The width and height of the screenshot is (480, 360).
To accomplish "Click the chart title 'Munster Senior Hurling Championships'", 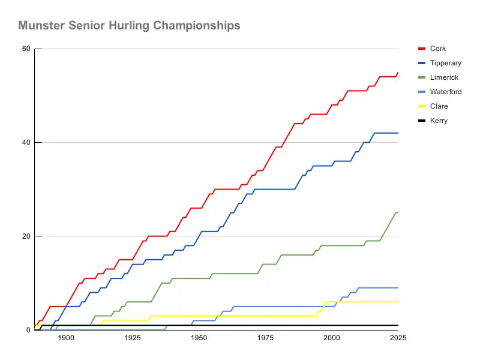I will [x=129, y=26].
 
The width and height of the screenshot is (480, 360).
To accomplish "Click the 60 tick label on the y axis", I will [x=26, y=49].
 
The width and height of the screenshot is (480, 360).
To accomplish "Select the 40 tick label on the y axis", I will [x=26, y=143].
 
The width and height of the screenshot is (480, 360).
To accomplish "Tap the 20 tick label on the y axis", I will [x=26, y=236].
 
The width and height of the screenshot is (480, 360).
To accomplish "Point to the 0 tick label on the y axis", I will [x=28, y=330].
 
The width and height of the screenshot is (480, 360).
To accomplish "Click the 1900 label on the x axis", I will [x=66, y=338].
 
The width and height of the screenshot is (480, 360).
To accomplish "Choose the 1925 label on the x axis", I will [x=133, y=338].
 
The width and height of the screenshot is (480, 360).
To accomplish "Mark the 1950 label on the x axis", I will [x=199, y=338].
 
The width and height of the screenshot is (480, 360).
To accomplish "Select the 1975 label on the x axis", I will [x=265, y=338].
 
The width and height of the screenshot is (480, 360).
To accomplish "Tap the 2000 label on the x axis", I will [x=332, y=338].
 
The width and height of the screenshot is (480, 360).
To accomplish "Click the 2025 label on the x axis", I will [x=397, y=338].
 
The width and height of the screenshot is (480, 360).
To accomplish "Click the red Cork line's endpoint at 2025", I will [x=398, y=73].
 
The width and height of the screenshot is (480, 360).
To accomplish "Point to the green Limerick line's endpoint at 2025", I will [x=398, y=213].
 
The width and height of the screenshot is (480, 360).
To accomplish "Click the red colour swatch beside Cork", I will [x=421, y=49].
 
